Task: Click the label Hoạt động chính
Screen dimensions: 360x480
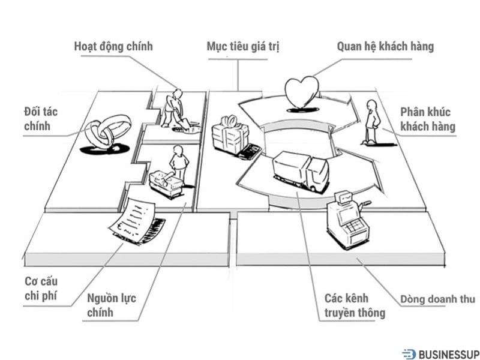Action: click(113, 46)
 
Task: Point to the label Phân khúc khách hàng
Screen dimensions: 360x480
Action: click(427, 119)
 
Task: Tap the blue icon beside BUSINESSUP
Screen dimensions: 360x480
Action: click(409, 354)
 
